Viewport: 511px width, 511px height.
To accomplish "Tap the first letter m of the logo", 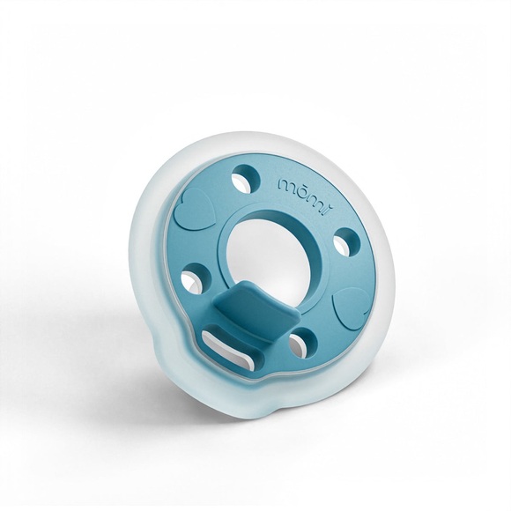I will pos(286,188).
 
